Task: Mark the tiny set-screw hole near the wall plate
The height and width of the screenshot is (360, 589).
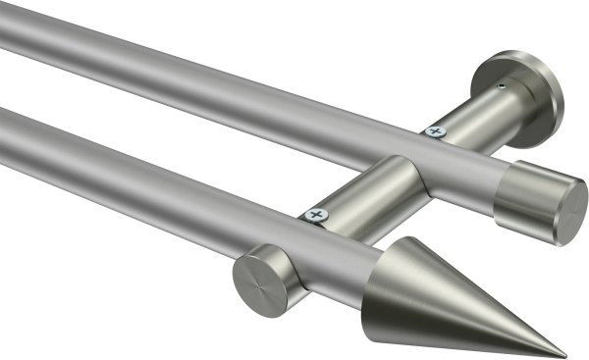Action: pos(502,86)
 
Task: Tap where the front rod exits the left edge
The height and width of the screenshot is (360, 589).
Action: pos(5,128)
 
